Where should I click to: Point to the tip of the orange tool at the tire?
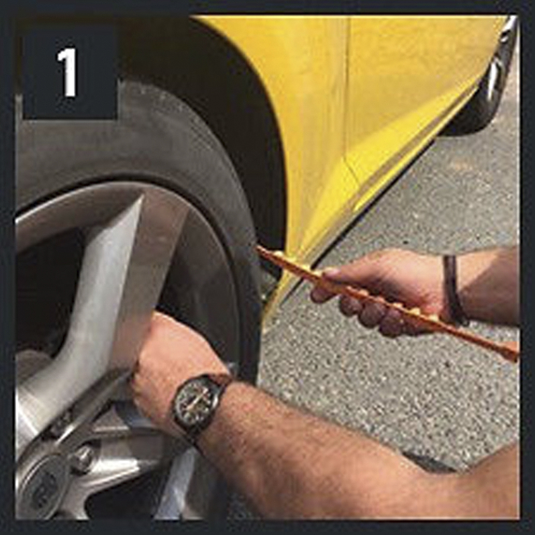258,248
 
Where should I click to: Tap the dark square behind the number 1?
70,72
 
